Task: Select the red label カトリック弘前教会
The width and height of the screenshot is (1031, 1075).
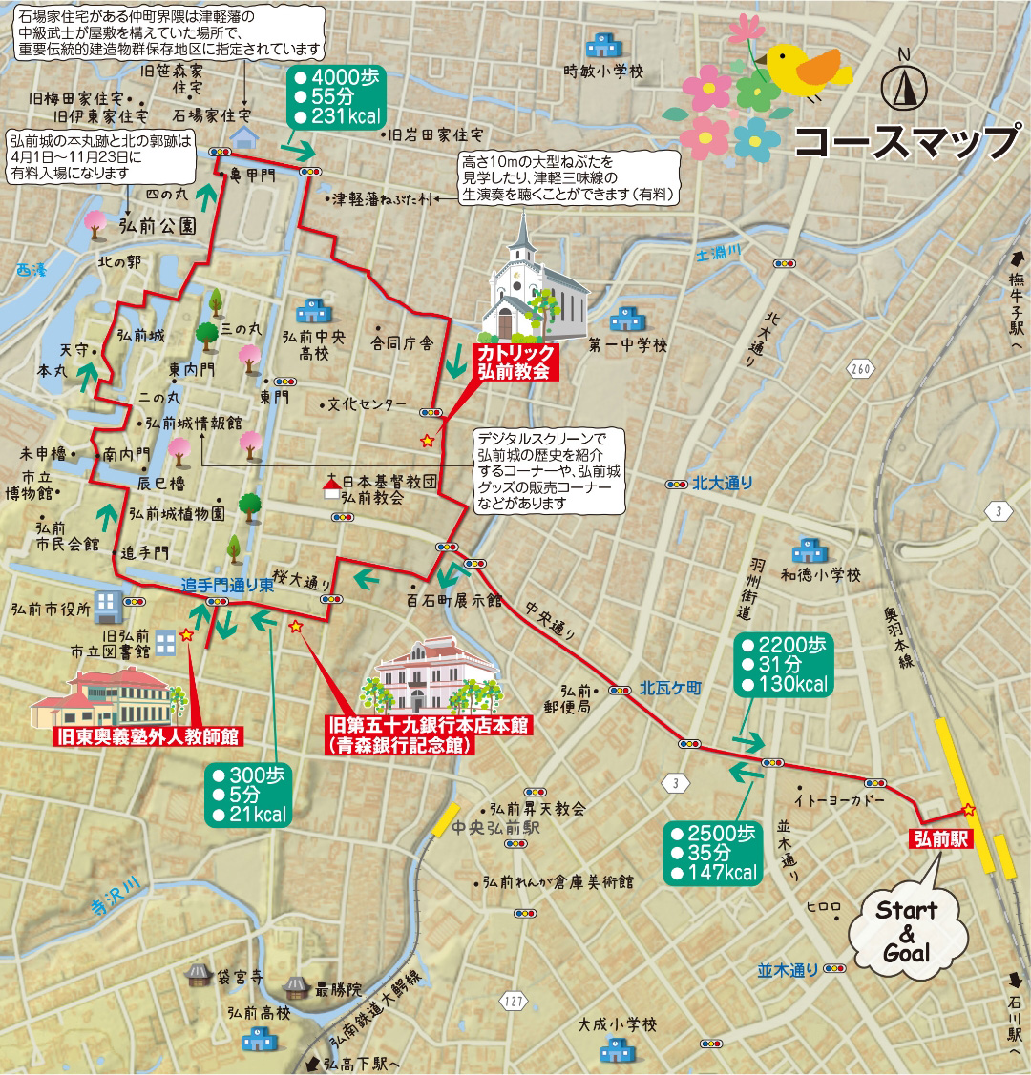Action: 515,363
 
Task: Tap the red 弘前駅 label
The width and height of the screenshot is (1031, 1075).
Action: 939,839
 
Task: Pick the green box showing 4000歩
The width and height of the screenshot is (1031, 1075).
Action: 336,96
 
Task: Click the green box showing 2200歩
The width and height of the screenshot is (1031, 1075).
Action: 784,666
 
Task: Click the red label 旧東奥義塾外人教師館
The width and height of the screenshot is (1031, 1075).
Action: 149,735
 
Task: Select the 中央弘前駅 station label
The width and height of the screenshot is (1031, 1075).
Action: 496,827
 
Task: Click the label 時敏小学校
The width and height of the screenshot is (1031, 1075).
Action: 603,72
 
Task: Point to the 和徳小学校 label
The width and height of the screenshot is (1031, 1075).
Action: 820,575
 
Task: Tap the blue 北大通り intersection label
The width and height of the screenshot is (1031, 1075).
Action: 723,483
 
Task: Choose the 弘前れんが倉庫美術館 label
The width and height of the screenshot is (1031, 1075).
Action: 558,882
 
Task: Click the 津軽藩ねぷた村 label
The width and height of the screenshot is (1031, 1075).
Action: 382,199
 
